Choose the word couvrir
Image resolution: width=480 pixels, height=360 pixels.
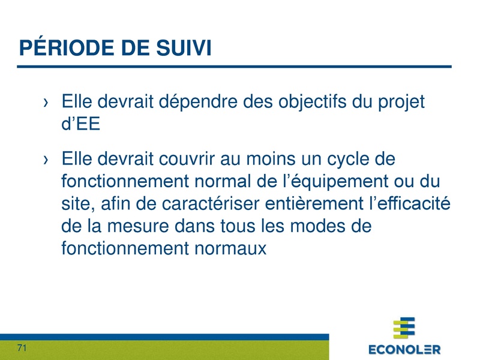(x=188, y=160)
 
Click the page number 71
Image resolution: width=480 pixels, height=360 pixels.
(x=23, y=348)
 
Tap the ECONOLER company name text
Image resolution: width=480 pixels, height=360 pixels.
(x=404, y=349)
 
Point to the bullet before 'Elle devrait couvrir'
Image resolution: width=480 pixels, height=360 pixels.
(x=46, y=161)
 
